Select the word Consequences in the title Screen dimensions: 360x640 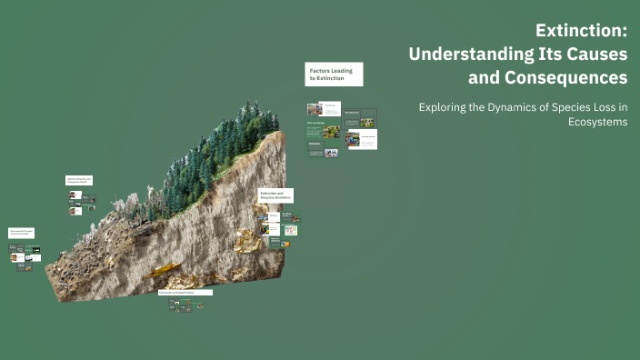click(554, 77)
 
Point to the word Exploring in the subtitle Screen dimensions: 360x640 click(445, 107)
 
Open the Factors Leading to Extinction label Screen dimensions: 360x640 click(334, 75)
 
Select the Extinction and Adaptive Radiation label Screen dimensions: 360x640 click(276, 195)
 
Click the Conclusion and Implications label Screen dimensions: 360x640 click(185, 293)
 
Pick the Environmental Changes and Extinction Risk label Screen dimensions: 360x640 click(23, 234)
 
